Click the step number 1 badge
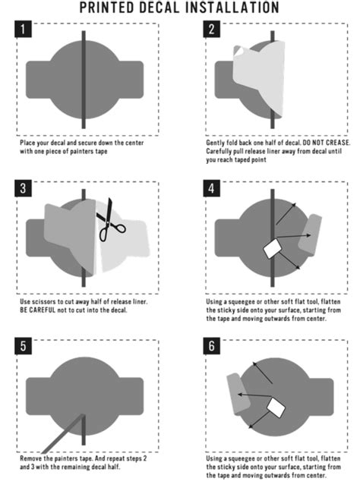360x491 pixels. coord(23,29)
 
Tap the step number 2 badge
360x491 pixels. coord(211,29)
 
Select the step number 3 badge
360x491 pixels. coord(23,188)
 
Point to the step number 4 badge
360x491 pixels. coord(211,188)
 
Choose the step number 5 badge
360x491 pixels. coord(23,346)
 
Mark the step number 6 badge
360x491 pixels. coord(211,346)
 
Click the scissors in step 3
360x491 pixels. coord(110,220)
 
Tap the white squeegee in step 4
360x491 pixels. coord(272,249)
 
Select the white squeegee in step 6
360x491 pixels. coord(276,408)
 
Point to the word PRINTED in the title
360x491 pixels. coord(106,8)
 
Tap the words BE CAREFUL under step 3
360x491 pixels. coord(38,310)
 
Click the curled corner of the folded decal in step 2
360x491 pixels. coord(238,50)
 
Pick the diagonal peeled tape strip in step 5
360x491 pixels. coord(64,433)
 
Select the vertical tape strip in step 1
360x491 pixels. coord(84,80)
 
